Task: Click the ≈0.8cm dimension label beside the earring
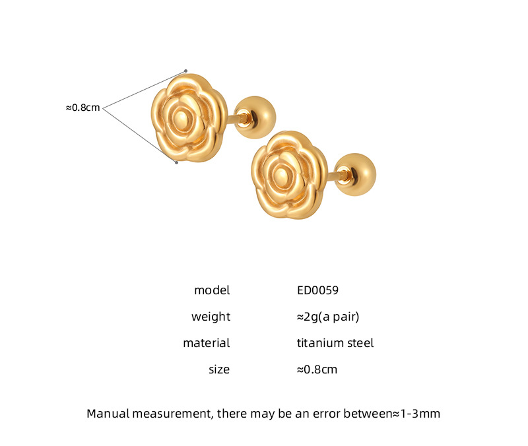pyautogui.click(x=83, y=107)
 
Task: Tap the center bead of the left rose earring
pyautogui.click(x=181, y=119)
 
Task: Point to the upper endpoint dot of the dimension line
pyautogui.click(x=185, y=71)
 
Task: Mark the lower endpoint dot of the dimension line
pyautogui.click(x=176, y=162)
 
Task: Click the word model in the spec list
pyautogui.click(x=212, y=290)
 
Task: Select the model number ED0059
pyautogui.click(x=317, y=290)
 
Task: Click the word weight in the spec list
pyautogui.click(x=211, y=317)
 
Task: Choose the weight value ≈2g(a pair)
pyautogui.click(x=327, y=317)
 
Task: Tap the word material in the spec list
pyautogui.click(x=207, y=343)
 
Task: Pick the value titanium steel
pyautogui.click(x=335, y=343)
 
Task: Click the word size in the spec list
pyautogui.click(x=219, y=369)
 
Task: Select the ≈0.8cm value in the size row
pyautogui.click(x=317, y=369)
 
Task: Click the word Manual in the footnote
pyautogui.click(x=108, y=414)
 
